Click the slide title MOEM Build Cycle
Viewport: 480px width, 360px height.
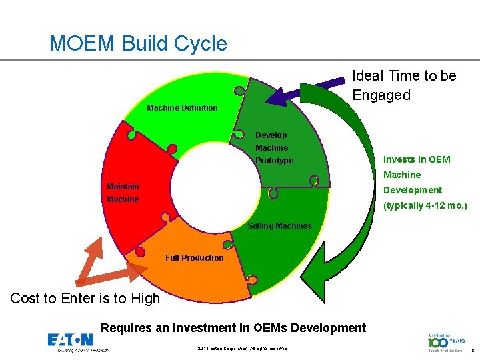coord(138,44)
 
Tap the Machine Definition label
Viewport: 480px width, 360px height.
coord(182,107)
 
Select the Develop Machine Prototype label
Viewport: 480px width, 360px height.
coord(274,147)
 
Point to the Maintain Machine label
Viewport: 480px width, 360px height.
coord(123,193)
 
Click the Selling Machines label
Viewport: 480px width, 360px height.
coord(279,225)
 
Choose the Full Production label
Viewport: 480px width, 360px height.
coord(194,257)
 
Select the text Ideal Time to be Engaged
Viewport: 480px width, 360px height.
coord(404,85)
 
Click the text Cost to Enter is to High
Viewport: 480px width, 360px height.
coord(85,299)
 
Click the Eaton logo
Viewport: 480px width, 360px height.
coord(70,341)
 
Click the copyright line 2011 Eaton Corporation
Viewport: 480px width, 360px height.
coord(243,349)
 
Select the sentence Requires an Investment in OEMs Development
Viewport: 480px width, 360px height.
coord(233,327)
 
